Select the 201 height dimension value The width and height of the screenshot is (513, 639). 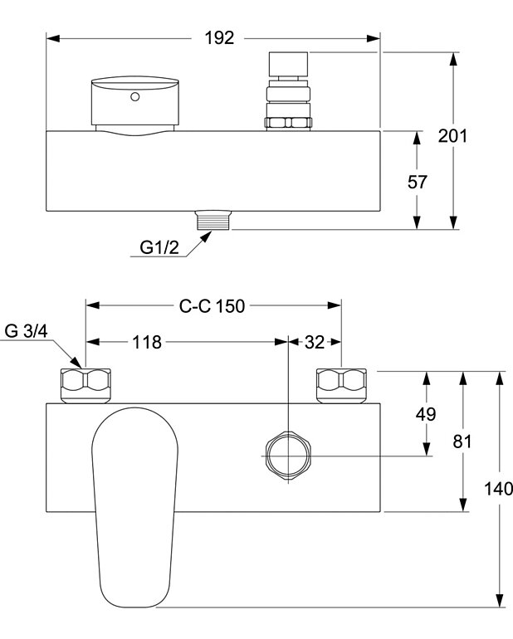pyautogui.click(x=453, y=135)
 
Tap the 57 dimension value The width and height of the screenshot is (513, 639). pyautogui.click(x=418, y=182)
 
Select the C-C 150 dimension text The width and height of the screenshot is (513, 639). pyautogui.click(x=213, y=306)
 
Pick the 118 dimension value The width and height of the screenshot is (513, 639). pyautogui.click(x=144, y=342)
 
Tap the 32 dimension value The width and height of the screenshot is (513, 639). pyautogui.click(x=315, y=342)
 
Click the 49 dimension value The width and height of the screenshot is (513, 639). pyautogui.click(x=426, y=413)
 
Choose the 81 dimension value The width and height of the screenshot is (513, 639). pyautogui.click(x=462, y=441)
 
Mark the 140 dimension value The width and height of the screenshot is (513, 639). pyautogui.click(x=499, y=488)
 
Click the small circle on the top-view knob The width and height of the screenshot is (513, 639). pyautogui.click(x=134, y=97)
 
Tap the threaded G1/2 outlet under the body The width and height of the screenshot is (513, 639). pyautogui.click(x=213, y=221)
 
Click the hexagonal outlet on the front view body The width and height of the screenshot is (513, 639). pyautogui.click(x=287, y=455)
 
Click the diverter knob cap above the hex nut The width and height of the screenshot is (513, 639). pyautogui.click(x=288, y=65)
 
